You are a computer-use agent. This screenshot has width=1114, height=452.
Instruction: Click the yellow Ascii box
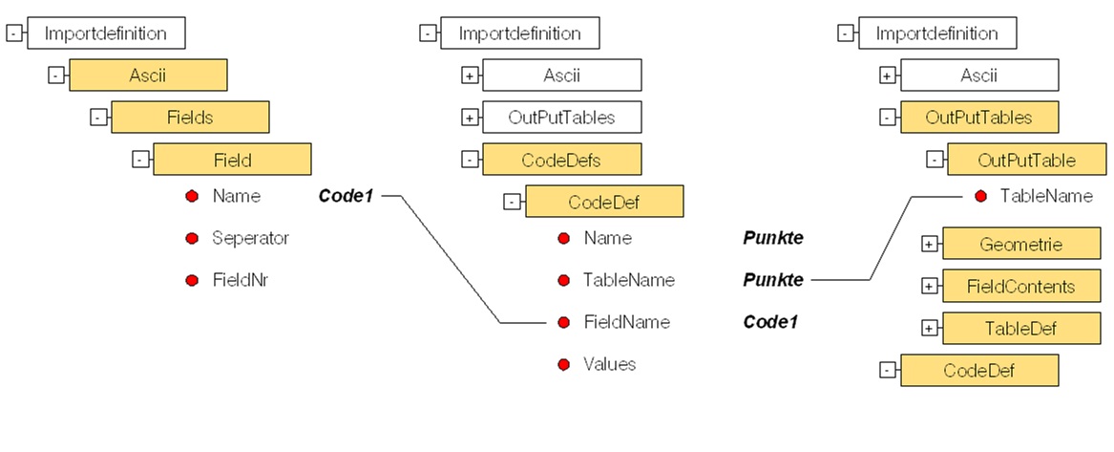coord(148,75)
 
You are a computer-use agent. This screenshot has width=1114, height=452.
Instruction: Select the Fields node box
coord(190,117)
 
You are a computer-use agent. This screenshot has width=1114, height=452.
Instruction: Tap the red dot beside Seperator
coord(192,238)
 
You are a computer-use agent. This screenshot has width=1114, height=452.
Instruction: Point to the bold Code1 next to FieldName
coord(770,322)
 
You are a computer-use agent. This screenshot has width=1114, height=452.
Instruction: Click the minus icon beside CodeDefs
coord(470,160)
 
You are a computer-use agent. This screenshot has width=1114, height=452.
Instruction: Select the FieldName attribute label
coord(626,322)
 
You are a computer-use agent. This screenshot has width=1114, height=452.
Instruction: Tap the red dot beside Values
coord(563,364)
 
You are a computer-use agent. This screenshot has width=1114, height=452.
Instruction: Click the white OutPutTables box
coord(561,118)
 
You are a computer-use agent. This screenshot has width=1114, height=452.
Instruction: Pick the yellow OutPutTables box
coord(979,118)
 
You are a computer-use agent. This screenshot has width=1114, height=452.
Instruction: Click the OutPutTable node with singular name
coord(1026,160)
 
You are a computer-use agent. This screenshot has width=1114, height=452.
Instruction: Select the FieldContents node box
coord(1021,286)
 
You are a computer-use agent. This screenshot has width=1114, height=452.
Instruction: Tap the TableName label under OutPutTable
coord(1046,196)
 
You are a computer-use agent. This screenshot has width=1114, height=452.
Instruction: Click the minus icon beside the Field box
coord(140,160)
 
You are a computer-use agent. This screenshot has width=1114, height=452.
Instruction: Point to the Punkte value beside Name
coord(772,238)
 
